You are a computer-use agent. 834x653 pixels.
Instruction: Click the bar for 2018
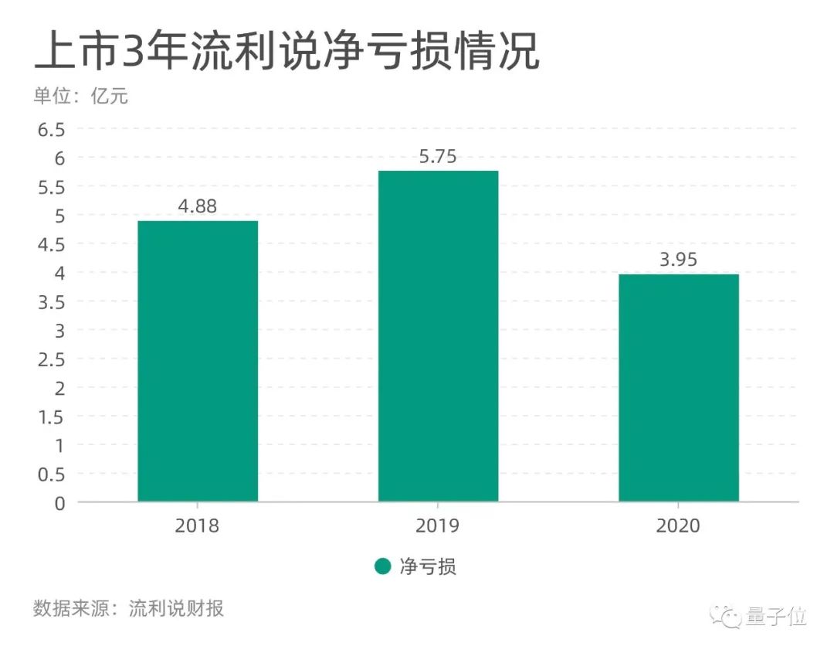pos(198,361)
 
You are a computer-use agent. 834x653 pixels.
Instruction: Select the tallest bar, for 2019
pos(438,336)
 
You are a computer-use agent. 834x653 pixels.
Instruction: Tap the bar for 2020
pos(679,388)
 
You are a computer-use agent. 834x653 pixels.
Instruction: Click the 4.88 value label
pos(198,207)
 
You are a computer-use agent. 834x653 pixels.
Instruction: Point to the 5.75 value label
pos(438,157)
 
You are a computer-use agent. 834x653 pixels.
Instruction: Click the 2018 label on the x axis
pos(198,526)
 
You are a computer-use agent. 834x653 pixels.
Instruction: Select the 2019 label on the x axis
pos(438,526)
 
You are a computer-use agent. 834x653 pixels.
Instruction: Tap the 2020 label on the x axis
pos(679,526)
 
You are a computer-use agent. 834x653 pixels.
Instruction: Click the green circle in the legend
pos(382,567)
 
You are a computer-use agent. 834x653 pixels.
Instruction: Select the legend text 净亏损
pos(428,567)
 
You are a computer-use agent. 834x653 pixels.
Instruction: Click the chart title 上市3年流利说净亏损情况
pos(286,52)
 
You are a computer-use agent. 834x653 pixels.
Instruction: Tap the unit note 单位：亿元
pos(80,97)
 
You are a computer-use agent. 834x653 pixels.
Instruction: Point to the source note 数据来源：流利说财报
pos(128,608)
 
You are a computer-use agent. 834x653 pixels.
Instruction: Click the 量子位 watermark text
pos(776,617)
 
